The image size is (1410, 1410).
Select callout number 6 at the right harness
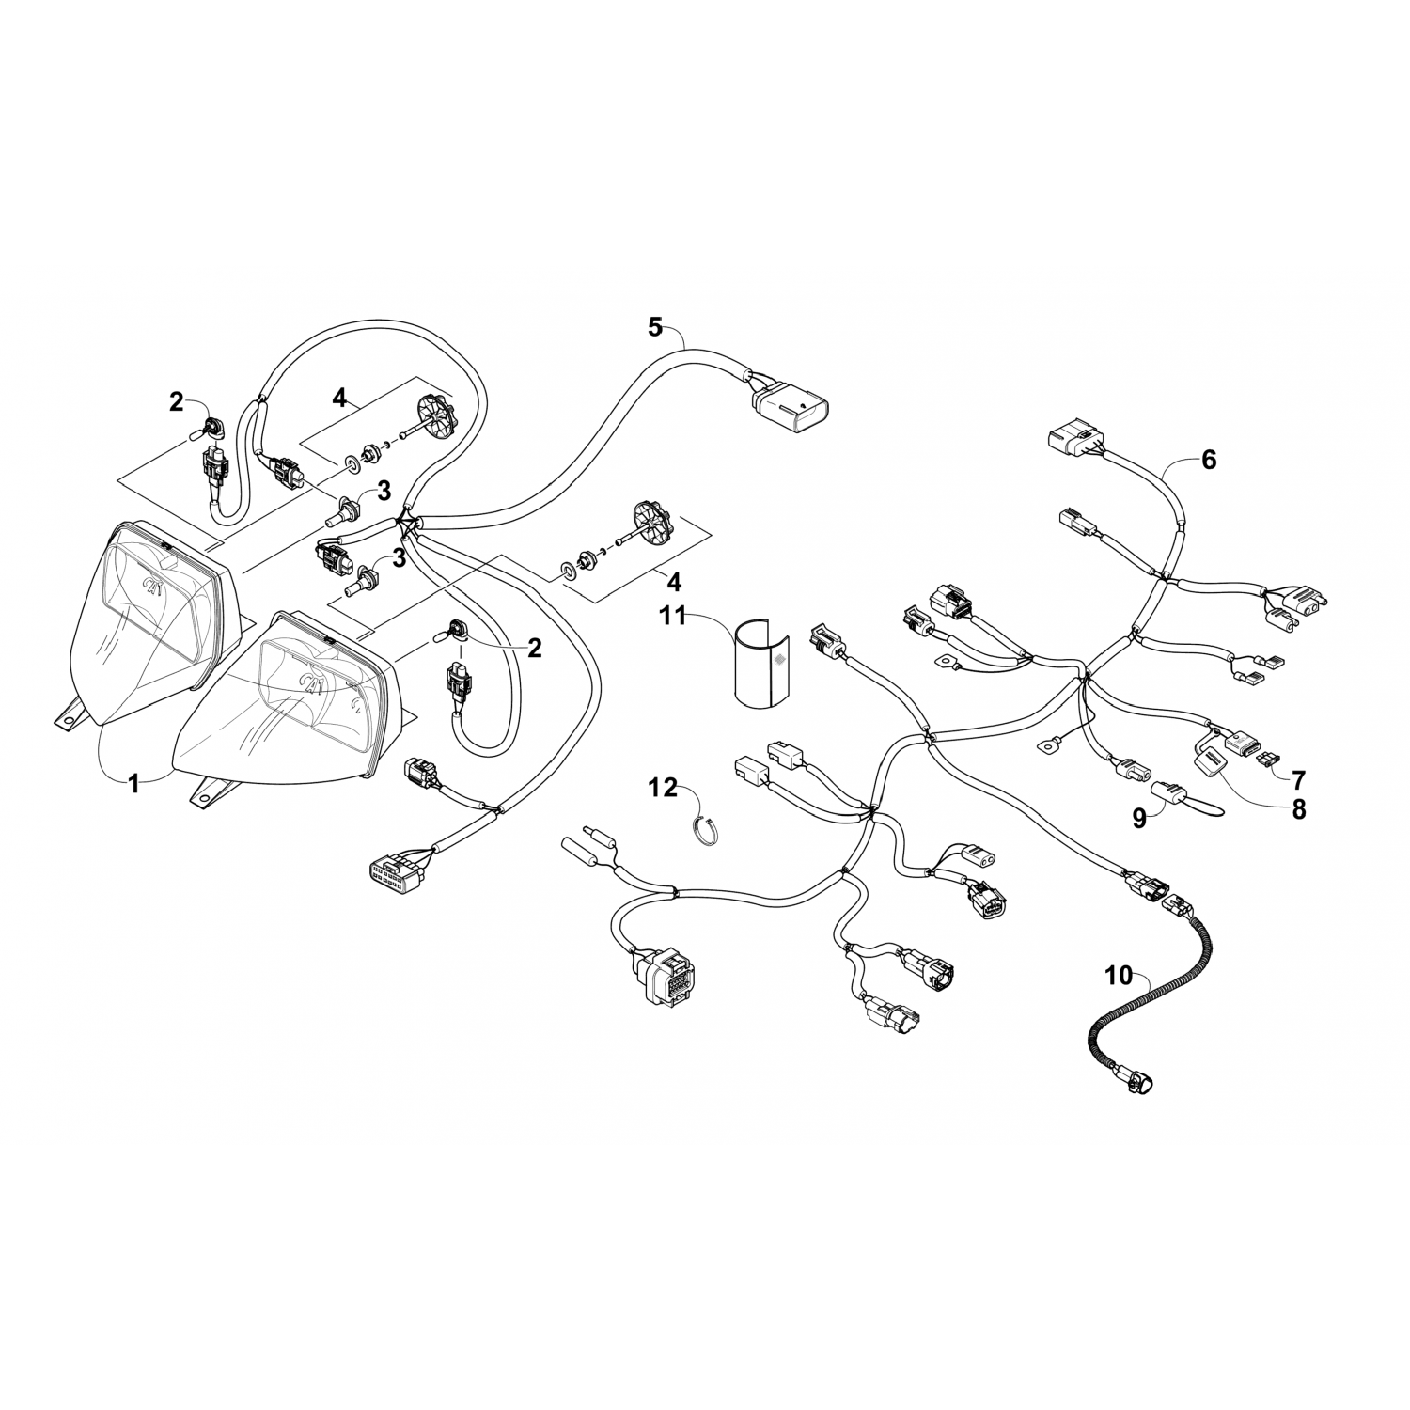coord(1208,460)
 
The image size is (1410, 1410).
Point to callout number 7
coord(1298,778)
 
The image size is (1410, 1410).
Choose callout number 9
coord(1139,818)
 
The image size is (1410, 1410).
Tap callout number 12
coord(665,787)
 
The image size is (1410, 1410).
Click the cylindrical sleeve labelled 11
coord(761,663)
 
